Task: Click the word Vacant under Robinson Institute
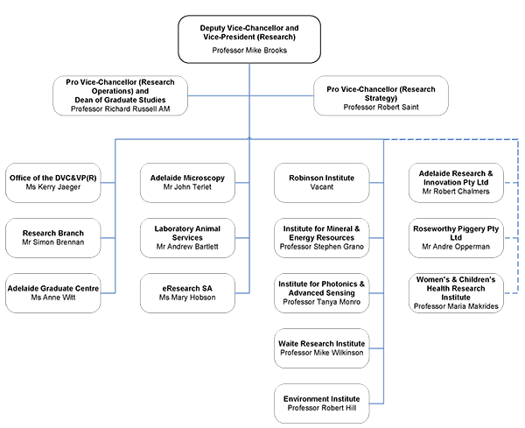click(x=321, y=187)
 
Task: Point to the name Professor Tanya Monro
click(x=320, y=302)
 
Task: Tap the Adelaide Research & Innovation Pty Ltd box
click(x=459, y=182)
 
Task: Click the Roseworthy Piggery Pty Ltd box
click(x=459, y=238)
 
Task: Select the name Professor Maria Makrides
click(x=459, y=307)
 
